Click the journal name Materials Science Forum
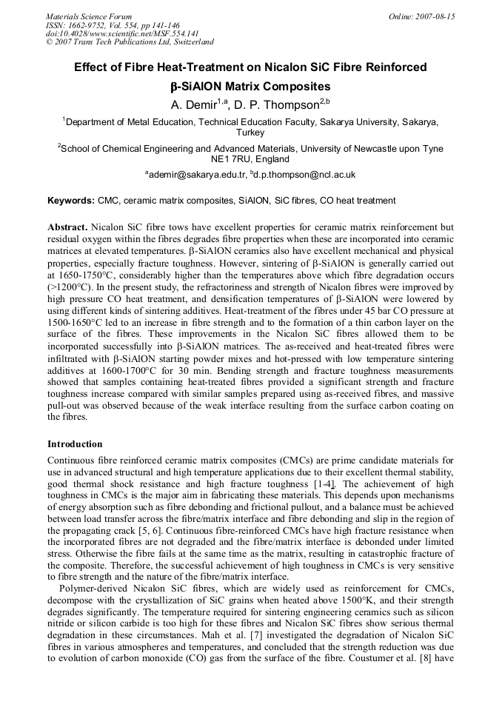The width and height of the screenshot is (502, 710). pos(89,16)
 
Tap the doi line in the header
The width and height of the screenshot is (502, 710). pos(108,33)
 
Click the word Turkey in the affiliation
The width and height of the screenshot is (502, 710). pos(250,133)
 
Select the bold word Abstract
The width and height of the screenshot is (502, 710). pos(68,227)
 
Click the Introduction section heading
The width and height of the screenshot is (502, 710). pos(75,444)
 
